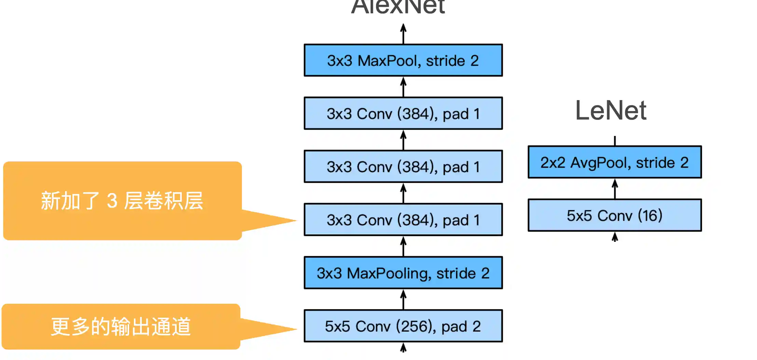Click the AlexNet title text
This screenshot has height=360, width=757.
pos(398,7)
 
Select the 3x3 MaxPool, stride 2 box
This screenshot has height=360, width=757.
pos(403,60)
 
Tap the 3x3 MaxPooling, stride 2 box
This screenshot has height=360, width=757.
pos(403,273)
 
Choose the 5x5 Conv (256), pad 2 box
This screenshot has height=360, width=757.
pos(403,326)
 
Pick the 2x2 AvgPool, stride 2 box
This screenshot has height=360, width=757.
pos(615,162)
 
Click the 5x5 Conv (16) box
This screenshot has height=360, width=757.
pos(615,216)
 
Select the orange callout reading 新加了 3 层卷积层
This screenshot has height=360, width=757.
pos(122,201)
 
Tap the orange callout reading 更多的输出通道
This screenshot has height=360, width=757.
pos(121,327)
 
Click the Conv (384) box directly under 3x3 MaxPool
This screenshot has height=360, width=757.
pos(403,113)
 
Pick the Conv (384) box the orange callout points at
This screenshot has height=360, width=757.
pos(403,220)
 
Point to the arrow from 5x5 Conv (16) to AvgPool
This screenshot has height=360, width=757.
pos(615,189)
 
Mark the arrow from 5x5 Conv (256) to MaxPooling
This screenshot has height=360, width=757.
pos(403,300)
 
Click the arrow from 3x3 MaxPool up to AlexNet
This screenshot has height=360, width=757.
pos(403,34)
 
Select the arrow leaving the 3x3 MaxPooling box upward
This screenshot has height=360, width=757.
pos(403,247)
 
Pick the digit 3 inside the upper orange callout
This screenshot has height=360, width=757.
pos(112,200)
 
